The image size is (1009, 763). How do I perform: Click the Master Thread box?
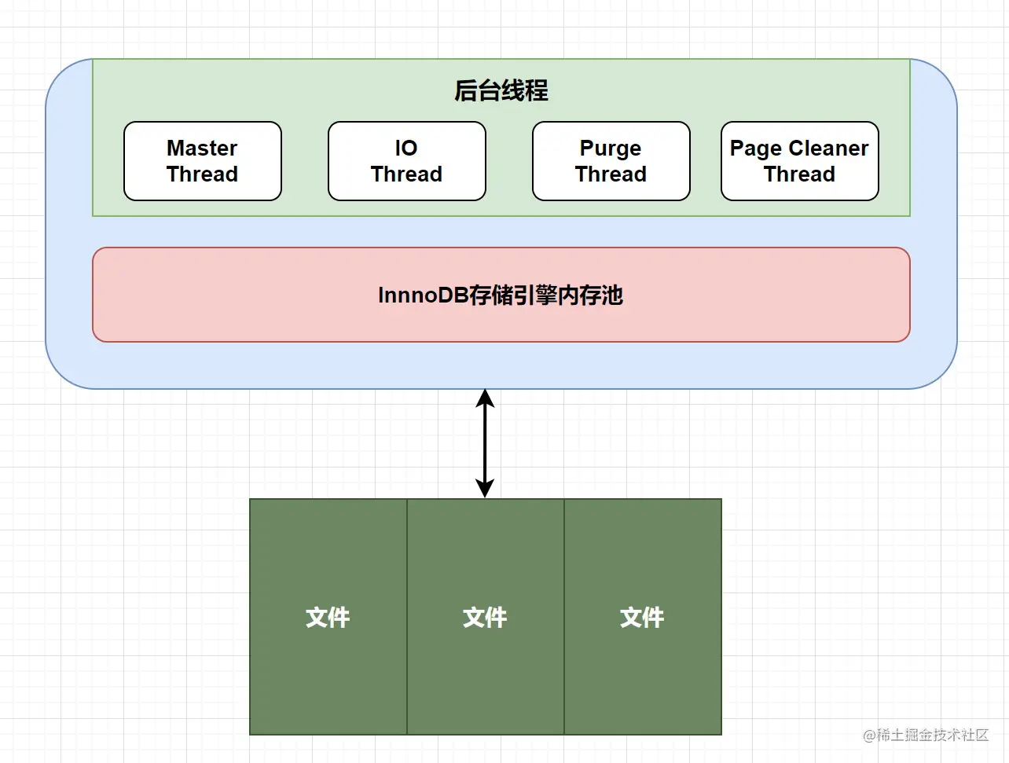203,161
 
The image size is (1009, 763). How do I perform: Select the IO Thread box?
406,161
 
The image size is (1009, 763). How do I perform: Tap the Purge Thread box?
611,161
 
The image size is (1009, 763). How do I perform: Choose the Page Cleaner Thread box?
799,161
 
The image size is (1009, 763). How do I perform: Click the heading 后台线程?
501,91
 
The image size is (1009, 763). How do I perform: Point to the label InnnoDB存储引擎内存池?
501,295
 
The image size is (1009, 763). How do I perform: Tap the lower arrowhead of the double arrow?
485,489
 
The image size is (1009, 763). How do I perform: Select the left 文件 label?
328,618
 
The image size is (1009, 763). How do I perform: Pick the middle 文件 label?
485,618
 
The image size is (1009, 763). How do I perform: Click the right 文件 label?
642,618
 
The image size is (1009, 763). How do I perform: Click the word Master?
202,149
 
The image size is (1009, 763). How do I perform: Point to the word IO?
406,149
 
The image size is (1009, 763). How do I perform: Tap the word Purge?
611,149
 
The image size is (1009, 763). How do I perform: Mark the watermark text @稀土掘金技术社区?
926,735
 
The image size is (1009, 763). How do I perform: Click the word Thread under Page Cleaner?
799,174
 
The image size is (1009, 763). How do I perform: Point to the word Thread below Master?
202,174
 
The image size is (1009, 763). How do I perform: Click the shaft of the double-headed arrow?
485,444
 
